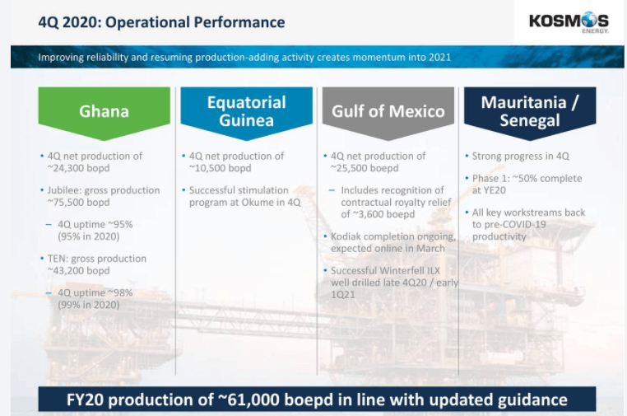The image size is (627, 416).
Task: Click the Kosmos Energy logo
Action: (x=569, y=23)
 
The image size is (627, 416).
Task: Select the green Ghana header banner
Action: (x=104, y=113)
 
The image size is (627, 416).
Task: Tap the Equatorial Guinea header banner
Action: (x=246, y=113)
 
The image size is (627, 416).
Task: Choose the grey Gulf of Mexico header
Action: (x=388, y=113)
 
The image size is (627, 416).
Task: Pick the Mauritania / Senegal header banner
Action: (x=530, y=113)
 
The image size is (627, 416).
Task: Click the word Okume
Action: (x=258, y=202)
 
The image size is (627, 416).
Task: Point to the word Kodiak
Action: (x=346, y=236)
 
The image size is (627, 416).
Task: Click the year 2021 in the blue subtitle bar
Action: (x=440, y=58)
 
